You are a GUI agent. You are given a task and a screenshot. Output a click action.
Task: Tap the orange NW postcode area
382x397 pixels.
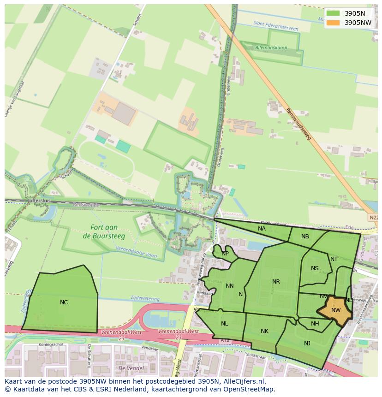tap(335, 310)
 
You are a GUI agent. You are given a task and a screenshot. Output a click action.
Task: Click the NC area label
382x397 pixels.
tap(64, 302)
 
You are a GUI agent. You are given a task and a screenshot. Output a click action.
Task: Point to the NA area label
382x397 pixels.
tap(262, 228)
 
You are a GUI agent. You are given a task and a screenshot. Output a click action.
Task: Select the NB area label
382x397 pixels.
tap(305, 237)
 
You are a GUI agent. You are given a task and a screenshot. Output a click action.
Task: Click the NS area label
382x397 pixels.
tap(315, 268)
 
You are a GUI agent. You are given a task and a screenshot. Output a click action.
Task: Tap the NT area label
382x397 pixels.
tap(334, 259)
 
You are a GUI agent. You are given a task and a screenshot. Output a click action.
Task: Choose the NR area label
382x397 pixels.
tap(276, 282)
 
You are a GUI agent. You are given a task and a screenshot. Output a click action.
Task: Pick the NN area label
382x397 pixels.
tap(229, 286)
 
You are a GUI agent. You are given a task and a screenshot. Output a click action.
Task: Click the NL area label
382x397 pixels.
tap(224, 324)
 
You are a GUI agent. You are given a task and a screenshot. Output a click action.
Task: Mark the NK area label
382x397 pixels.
tap(264, 331)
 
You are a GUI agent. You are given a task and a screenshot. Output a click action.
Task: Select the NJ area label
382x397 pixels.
tap(307, 343)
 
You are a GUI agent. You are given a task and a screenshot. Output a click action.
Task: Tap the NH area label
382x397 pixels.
tap(315, 324)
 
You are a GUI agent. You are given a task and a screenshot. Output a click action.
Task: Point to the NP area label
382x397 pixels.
tap(225, 254)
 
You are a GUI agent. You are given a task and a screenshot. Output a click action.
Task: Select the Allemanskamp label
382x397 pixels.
tap(271, 47)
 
